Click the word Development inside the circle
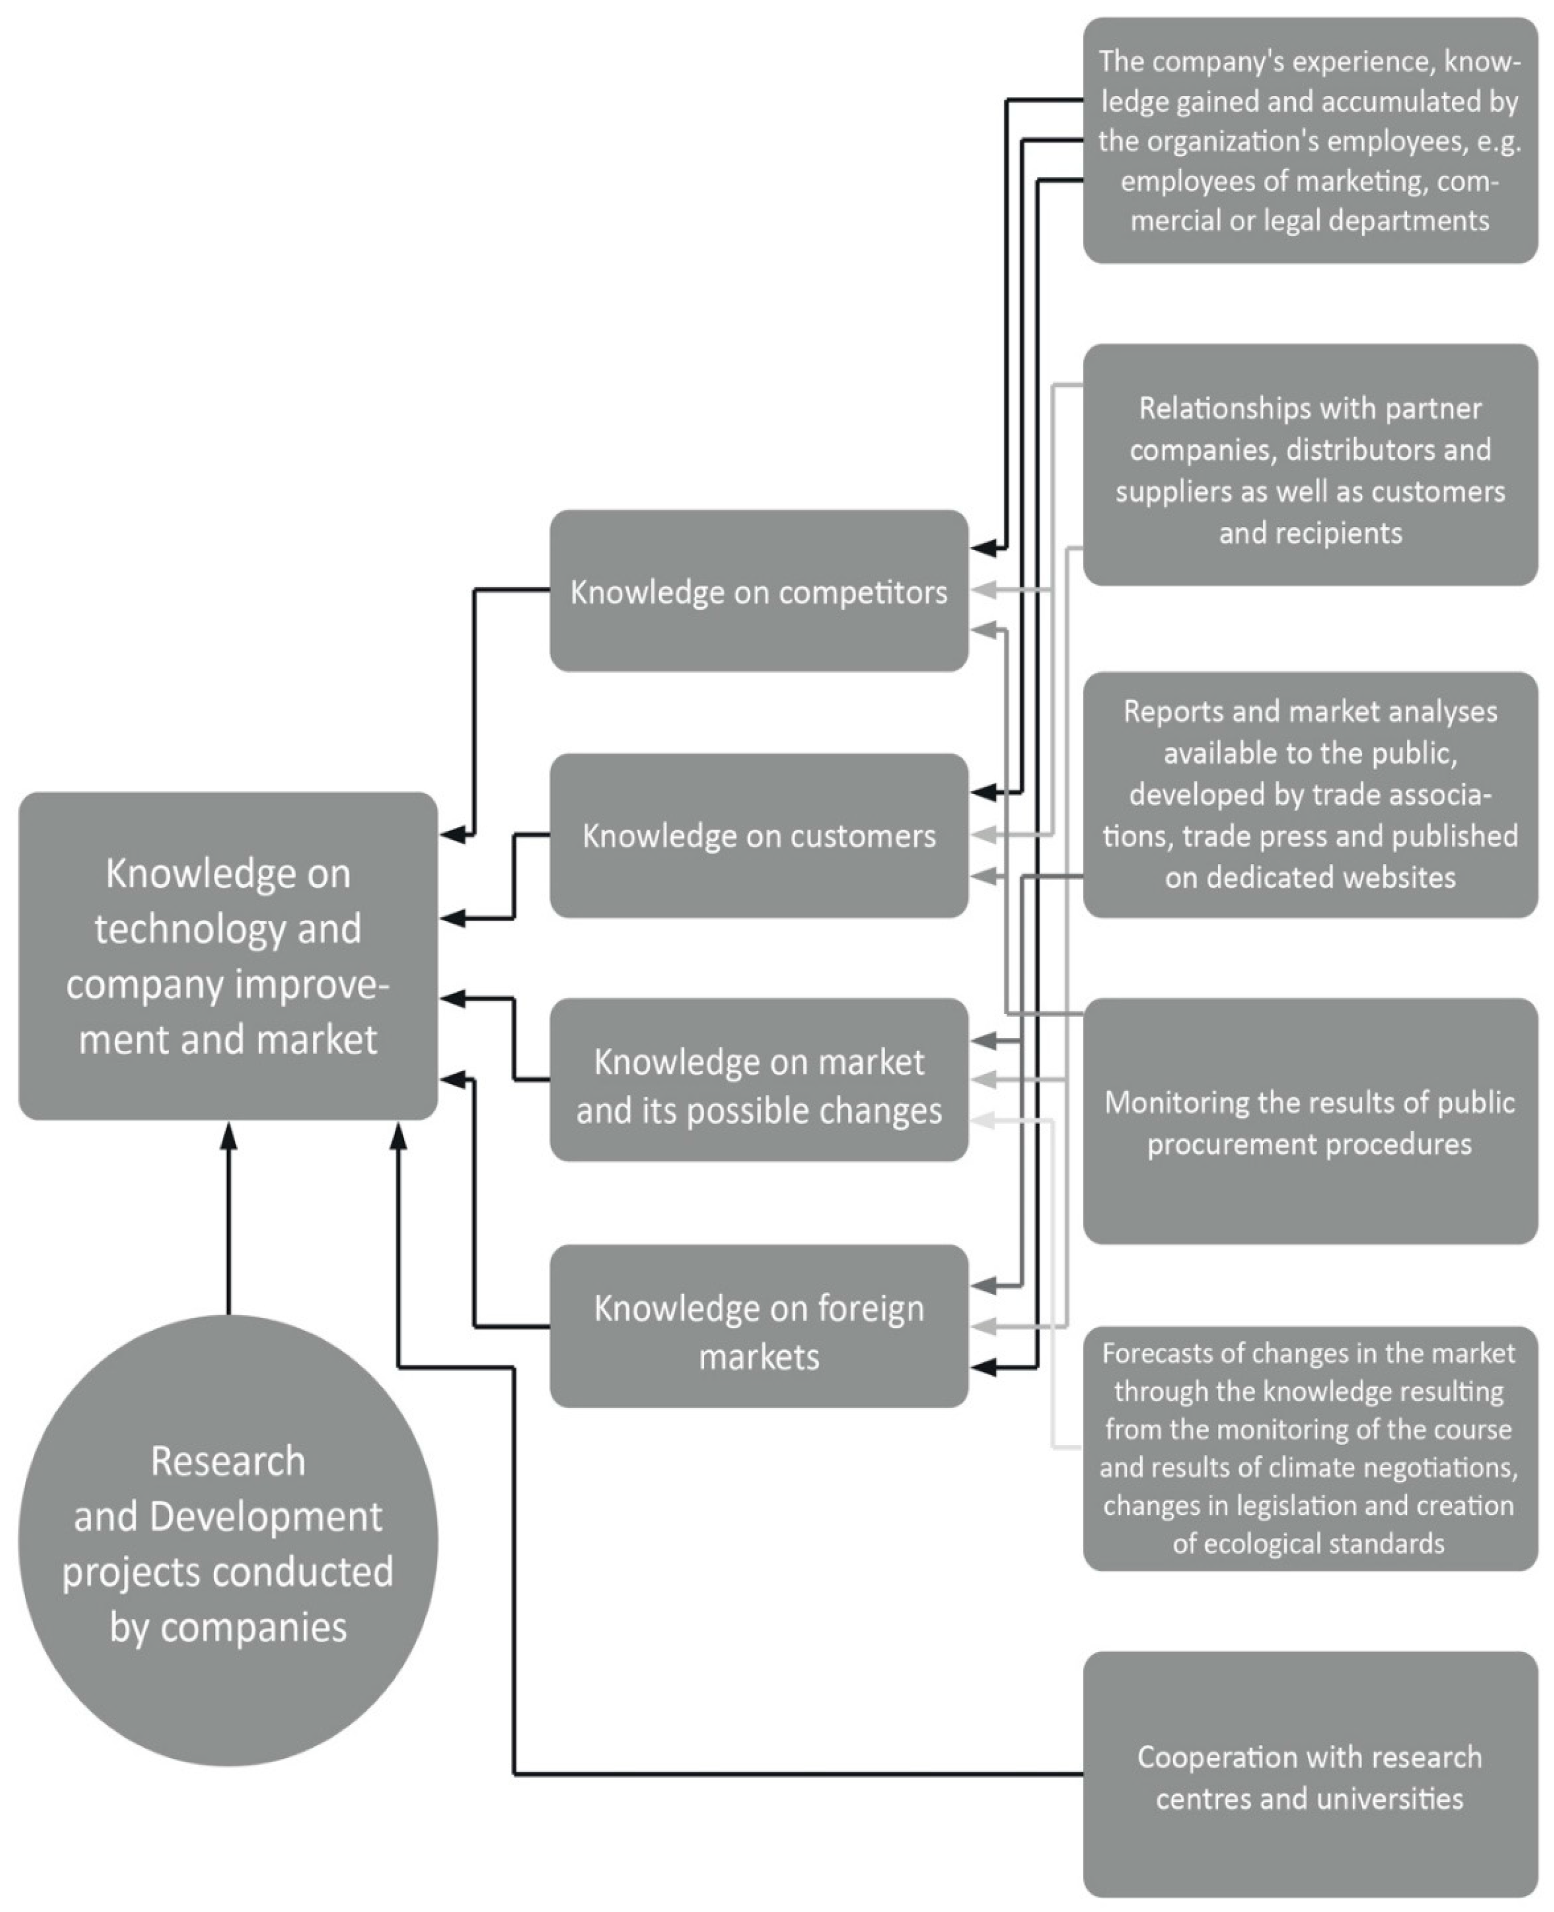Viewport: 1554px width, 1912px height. coord(266,1517)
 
